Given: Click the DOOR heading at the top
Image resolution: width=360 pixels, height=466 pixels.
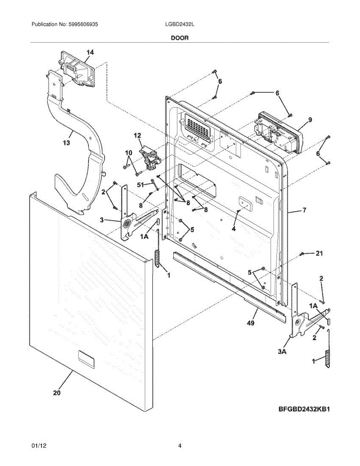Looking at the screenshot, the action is point(180,38).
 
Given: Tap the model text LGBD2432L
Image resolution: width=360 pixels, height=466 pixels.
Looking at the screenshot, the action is point(180,24).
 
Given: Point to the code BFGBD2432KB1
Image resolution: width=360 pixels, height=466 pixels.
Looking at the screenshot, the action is point(304,409).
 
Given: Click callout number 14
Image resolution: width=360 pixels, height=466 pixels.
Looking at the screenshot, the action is point(90,52).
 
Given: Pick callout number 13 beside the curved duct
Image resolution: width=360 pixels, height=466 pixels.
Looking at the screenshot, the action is point(66,143).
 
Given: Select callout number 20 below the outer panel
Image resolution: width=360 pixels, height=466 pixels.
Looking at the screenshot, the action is point(57,393).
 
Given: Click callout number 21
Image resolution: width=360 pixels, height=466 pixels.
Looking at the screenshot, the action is point(320,253).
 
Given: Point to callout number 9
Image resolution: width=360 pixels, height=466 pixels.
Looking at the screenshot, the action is point(310,120).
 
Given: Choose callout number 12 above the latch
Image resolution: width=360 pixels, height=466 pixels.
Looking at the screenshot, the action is point(137,136).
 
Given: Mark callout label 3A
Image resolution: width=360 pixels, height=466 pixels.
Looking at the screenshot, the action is point(282,352).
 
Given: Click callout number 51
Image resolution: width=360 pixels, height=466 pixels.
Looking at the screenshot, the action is point(141,184).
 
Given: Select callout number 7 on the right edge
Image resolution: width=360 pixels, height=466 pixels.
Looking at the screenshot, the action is point(305,210).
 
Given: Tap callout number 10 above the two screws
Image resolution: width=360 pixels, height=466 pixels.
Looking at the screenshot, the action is point(129,153).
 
